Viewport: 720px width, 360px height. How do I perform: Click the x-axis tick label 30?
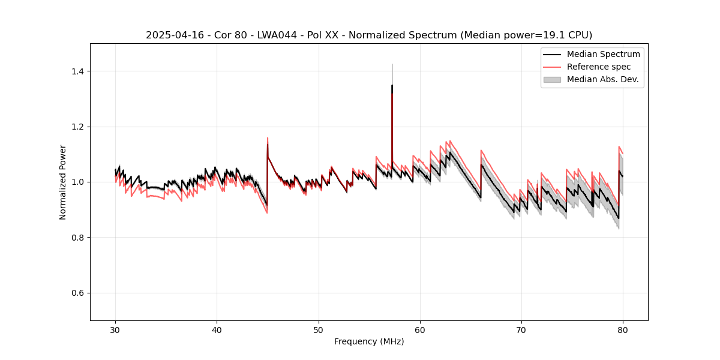pos(115,330)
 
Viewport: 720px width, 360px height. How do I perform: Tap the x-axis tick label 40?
pos(217,330)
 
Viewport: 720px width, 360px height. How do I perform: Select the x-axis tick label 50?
pos(318,330)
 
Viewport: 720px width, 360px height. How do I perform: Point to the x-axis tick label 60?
pos(420,330)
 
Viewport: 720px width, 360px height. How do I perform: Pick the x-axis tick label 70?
pos(521,330)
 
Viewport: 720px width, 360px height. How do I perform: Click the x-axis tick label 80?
pos(623,330)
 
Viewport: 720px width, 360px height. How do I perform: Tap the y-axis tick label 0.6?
pos(77,293)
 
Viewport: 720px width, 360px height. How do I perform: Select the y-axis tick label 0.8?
pos(77,238)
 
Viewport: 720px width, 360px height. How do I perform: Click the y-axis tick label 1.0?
pos(77,182)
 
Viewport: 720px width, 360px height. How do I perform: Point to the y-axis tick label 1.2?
pos(77,127)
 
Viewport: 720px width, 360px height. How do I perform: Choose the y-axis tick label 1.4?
pos(77,71)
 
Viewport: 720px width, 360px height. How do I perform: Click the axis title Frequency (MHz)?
pos(369,341)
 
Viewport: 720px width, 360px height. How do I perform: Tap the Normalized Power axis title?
pos(63,182)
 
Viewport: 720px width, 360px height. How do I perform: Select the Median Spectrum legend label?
pos(603,54)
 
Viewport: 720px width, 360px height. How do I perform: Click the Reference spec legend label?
pos(599,67)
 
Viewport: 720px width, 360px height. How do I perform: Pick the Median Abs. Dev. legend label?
pos(602,79)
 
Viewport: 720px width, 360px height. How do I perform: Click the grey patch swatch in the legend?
pos(552,79)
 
